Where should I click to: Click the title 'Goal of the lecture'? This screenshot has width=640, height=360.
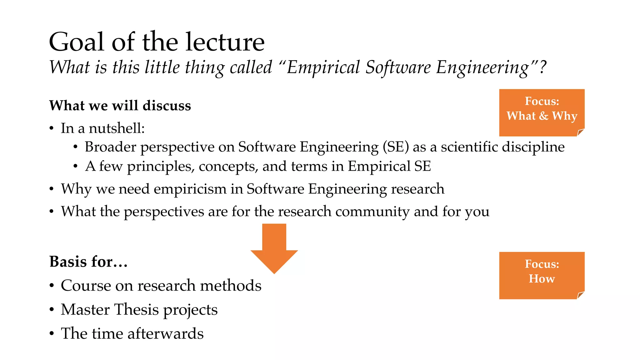(x=157, y=42)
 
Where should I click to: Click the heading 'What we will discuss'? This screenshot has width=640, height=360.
(x=120, y=106)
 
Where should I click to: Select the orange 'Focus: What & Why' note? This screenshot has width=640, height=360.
(x=542, y=112)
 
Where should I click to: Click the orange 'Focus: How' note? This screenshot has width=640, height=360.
(x=542, y=275)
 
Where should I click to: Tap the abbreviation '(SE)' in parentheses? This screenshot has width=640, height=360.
(x=396, y=147)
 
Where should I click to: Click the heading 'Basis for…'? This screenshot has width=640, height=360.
(x=88, y=262)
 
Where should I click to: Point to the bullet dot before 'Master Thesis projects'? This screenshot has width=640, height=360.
(x=52, y=310)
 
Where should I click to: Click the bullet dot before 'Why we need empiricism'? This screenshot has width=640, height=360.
(x=52, y=189)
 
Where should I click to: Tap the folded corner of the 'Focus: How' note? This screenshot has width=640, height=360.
(x=581, y=295)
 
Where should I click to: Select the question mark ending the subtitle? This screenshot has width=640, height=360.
(x=542, y=67)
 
